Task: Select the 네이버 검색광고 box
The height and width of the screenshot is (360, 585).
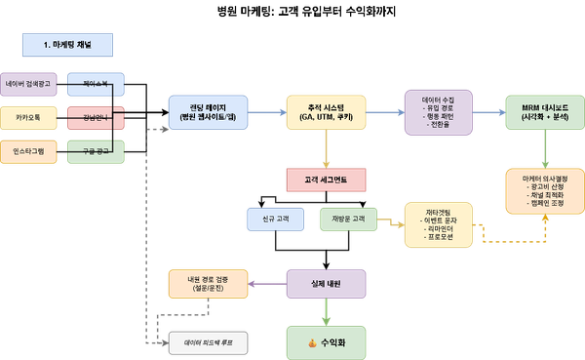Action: click(x=29, y=85)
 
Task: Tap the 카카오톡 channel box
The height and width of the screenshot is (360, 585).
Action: click(x=29, y=118)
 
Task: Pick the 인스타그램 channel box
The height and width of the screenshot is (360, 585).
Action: click(x=29, y=152)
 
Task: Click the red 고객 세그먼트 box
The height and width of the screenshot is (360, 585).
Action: click(x=326, y=180)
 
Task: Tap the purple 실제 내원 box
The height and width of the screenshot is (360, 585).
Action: click(x=326, y=283)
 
